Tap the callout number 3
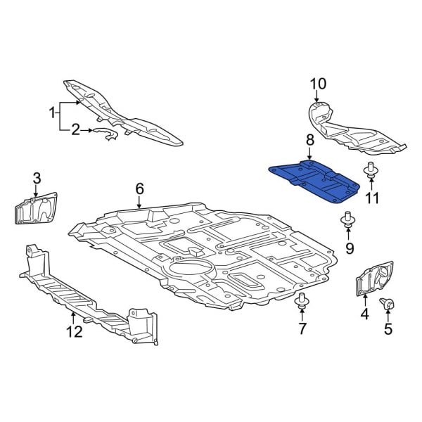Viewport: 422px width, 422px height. tap(37, 177)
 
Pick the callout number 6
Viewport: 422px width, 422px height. tap(139, 188)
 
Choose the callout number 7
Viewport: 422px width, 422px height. tap(302, 328)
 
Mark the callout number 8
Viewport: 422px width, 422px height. tap(309, 142)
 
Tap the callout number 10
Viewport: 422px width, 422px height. tap(318, 84)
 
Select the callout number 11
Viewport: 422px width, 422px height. tap(371, 198)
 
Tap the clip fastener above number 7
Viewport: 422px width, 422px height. tap(302, 303)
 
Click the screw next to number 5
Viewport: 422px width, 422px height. tap(388, 304)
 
